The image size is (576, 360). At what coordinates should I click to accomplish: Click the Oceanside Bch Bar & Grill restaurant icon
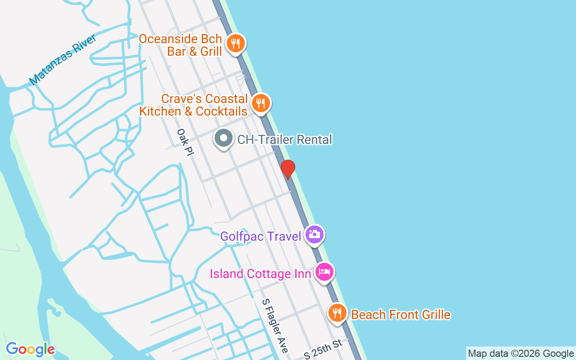[x=235, y=44]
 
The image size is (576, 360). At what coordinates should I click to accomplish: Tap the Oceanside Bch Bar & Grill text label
[x=180, y=45]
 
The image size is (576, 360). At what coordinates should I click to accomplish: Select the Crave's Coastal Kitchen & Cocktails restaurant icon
[x=260, y=103]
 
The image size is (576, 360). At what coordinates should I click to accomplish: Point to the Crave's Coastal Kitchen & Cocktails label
[x=193, y=105]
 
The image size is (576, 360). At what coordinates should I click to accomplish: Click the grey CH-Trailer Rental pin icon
[x=223, y=138]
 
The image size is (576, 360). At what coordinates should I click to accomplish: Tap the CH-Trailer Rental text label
[x=284, y=139]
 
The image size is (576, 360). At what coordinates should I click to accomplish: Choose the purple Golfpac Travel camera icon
[x=314, y=234]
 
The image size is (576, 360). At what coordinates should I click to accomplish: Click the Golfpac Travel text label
[x=261, y=236]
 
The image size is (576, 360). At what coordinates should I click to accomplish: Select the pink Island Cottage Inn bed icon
[x=324, y=272]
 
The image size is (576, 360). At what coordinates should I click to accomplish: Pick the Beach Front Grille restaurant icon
[x=337, y=313]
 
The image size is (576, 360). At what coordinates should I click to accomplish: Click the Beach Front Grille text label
[x=400, y=315]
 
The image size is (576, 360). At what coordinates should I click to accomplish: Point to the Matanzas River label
[x=63, y=60]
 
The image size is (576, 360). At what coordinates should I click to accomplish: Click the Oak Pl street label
[x=185, y=143]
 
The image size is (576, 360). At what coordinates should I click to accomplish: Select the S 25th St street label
[x=323, y=349]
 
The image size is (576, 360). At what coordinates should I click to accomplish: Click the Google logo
[x=31, y=349]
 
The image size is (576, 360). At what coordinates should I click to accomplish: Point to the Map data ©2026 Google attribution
[x=521, y=354]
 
